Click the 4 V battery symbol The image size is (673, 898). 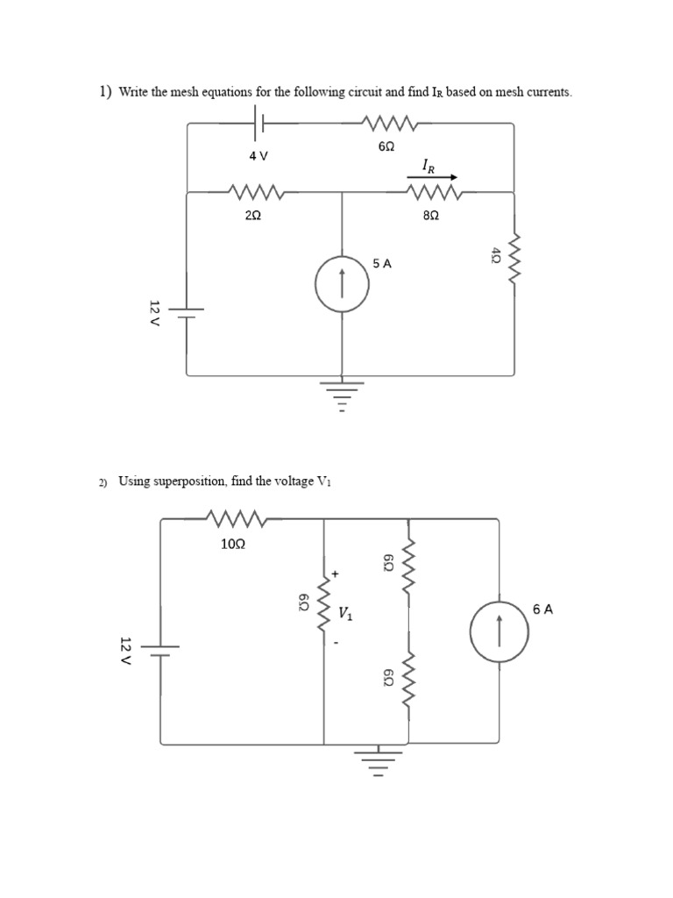coord(259,124)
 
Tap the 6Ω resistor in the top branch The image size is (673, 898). coord(386,124)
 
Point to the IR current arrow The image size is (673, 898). coord(431,176)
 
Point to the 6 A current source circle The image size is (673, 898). coord(498,631)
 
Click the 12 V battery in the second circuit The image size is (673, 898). coord(160,650)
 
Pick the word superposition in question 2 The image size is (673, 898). coord(188,481)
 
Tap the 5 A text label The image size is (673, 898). coord(381,263)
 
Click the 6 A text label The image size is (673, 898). coord(542,609)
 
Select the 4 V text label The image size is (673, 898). coord(258,155)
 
